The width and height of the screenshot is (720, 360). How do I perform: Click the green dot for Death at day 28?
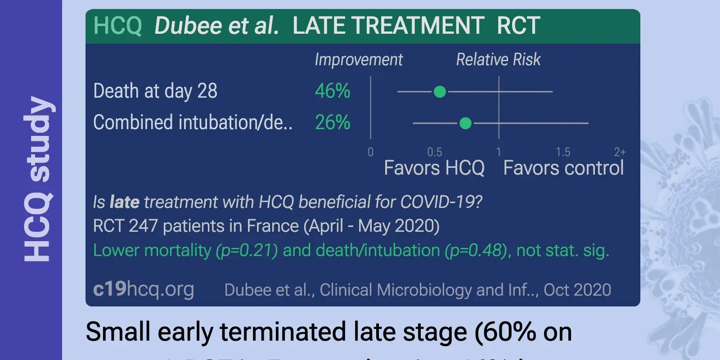[x=440, y=92]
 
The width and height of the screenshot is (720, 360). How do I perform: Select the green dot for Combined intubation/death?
[x=465, y=123]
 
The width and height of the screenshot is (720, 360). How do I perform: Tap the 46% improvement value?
[x=332, y=91]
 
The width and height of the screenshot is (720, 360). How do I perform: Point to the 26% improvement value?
[x=332, y=122]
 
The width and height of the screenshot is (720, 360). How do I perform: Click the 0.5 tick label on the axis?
[x=434, y=152]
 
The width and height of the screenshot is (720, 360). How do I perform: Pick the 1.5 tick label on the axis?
[x=562, y=152]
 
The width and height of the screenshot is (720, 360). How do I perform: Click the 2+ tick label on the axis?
[x=620, y=152]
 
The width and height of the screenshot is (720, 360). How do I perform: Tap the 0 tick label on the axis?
[x=370, y=152]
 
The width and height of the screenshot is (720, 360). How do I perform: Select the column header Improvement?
[x=358, y=59]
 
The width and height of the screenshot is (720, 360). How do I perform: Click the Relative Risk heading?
[x=498, y=59]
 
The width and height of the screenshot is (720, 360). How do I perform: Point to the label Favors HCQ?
[x=434, y=168]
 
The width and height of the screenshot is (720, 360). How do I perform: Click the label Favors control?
[x=563, y=168]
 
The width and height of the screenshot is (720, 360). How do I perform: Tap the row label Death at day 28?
[x=155, y=91]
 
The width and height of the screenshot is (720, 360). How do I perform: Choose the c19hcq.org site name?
[x=144, y=289]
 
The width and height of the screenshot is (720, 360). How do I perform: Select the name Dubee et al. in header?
[x=216, y=26]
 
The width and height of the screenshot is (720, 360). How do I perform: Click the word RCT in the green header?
[x=518, y=26]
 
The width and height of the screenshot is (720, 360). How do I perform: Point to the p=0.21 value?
[x=247, y=251]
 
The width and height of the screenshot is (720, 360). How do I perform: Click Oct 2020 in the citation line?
[x=577, y=290]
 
